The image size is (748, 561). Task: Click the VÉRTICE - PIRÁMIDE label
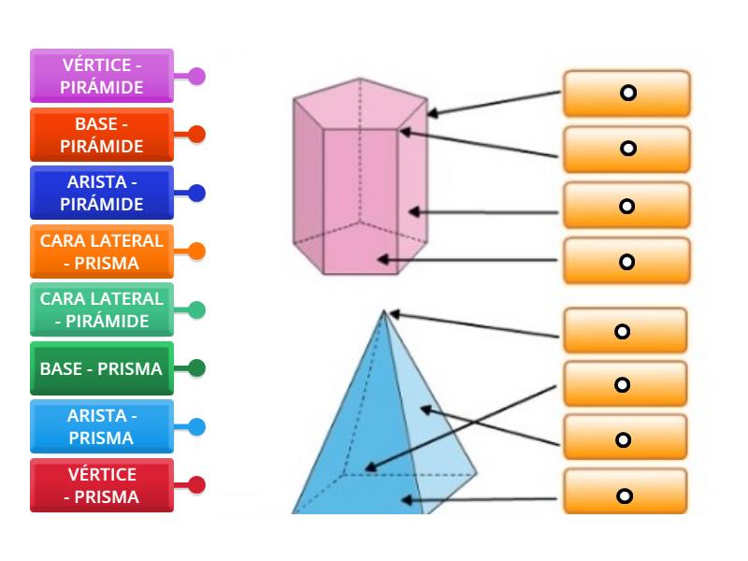[x=102, y=76]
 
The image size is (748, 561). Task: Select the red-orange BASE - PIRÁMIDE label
[x=102, y=135]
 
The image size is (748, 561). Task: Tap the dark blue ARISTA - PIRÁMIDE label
[x=102, y=193]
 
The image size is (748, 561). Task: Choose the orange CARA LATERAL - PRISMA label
[x=102, y=252]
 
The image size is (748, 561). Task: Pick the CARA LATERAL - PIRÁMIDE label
[x=102, y=309]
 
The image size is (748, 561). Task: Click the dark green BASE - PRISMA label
[x=102, y=368]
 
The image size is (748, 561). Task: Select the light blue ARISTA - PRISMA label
[x=102, y=426]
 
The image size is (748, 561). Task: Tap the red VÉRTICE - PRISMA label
[x=102, y=485]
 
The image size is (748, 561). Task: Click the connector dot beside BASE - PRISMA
[x=196, y=368]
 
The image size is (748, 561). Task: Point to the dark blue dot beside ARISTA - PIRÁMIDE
[x=196, y=193]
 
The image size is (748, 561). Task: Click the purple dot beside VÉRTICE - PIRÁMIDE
[x=196, y=76]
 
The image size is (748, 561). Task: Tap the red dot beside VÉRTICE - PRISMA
[x=196, y=485]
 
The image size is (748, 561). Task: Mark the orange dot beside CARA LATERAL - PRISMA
[x=196, y=252]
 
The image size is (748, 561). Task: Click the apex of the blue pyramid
[x=383, y=311]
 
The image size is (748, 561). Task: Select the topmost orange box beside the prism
[x=626, y=93]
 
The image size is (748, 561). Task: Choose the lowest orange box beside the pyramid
[x=625, y=496]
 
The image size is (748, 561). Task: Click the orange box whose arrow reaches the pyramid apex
[x=625, y=331]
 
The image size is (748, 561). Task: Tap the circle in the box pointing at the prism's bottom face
[x=626, y=261]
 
